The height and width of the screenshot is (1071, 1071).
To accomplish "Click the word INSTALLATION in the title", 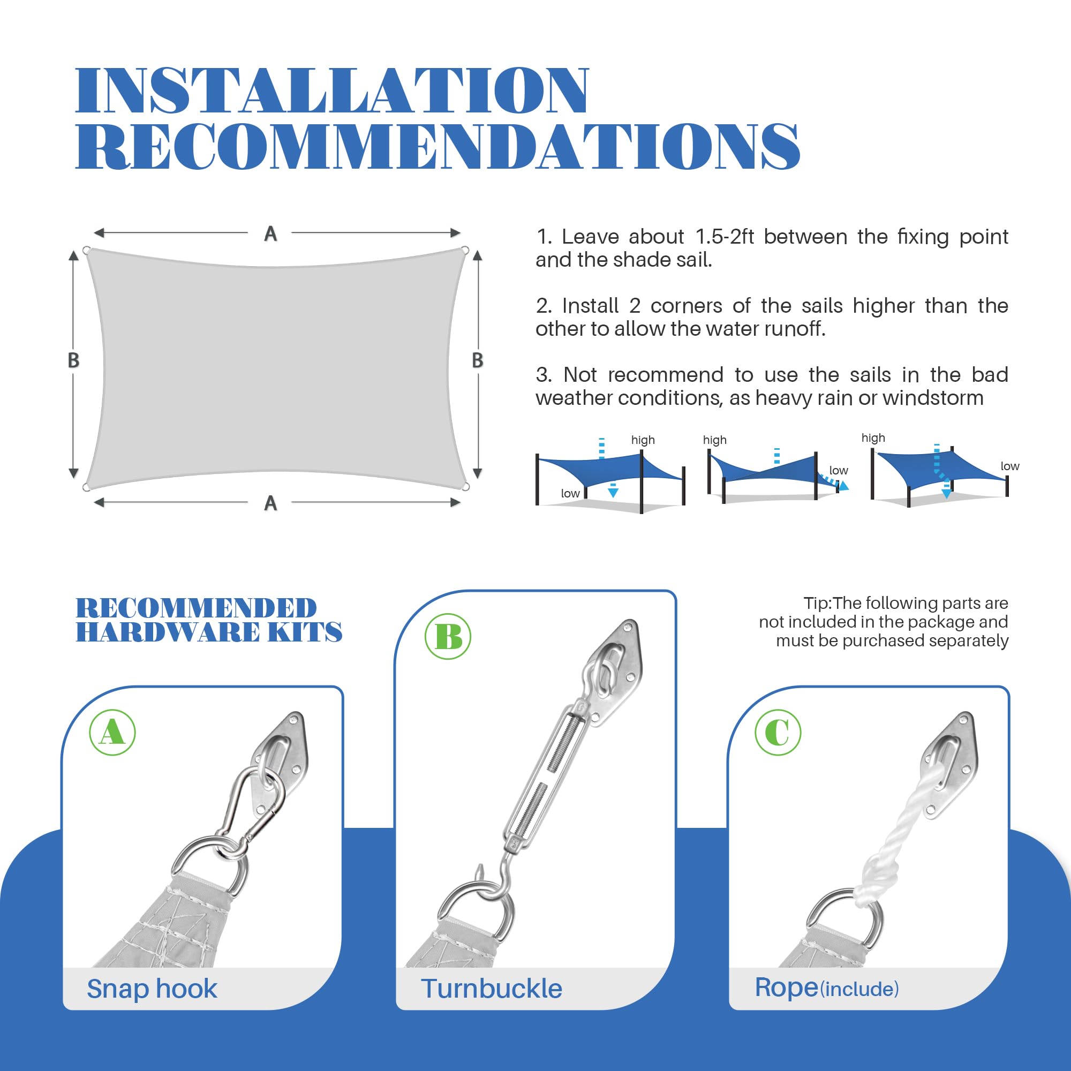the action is pos(331,91).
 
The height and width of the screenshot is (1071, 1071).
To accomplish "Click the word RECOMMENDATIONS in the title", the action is pos(438,146).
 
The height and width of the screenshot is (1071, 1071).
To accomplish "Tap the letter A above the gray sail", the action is pos(270,234).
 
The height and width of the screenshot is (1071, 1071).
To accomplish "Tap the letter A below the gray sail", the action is pos(270,503).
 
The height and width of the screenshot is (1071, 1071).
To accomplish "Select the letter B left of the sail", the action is pos(73,360).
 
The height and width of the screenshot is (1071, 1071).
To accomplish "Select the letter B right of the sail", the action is pos(477,360).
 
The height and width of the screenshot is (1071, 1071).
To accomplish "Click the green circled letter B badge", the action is pos(448,636).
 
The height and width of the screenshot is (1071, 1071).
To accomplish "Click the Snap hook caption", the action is pos(152,989).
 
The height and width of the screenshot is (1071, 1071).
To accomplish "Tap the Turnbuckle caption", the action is pos(491,989).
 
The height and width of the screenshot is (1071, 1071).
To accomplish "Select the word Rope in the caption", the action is pos(787,988).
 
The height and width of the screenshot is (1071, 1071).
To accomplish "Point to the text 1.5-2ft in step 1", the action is pos(725,237).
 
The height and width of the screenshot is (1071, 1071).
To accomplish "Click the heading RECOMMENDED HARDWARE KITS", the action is pos(208,620).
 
